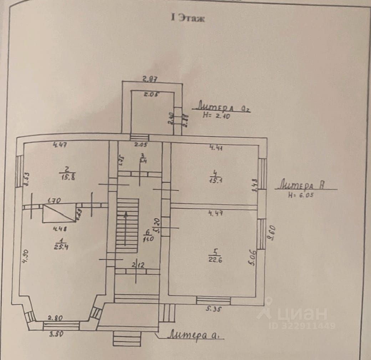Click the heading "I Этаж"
click(x=188, y=18)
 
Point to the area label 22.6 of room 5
click(x=214, y=259)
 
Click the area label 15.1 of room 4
click(x=214, y=180)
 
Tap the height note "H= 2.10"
click(x=216, y=115)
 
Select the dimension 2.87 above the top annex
click(x=150, y=79)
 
